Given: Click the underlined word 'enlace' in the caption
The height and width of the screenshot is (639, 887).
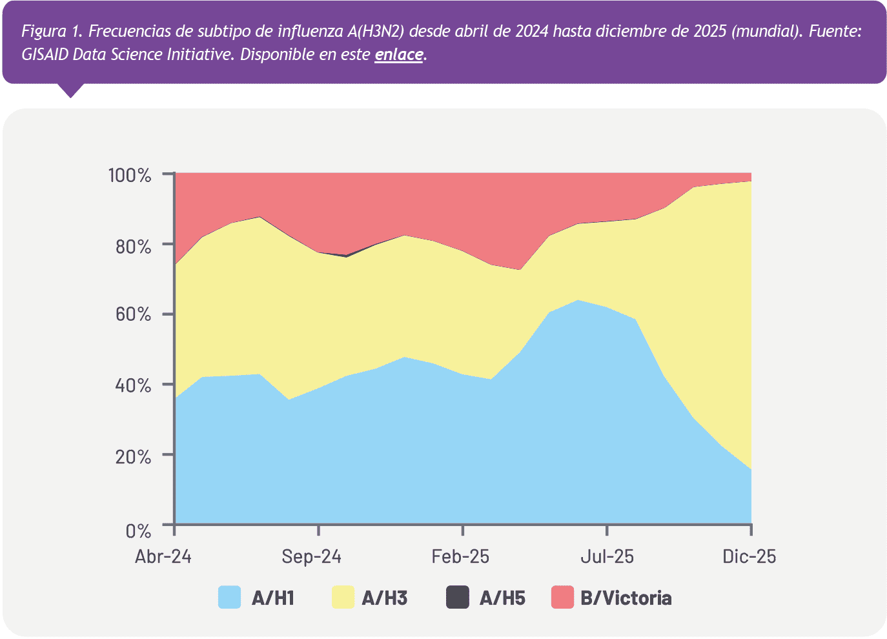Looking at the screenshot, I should (x=398, y=55).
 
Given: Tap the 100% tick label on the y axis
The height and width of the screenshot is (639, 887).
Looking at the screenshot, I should (x=129, y=175).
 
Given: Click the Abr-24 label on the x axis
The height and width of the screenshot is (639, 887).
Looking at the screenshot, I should (x=163, y=556).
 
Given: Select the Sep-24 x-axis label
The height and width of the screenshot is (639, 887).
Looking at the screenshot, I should (x=312, y=556).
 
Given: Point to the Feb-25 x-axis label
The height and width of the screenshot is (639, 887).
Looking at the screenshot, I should (x=460, y=556).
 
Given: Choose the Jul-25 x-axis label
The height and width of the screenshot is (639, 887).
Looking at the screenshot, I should (x=606, y=556).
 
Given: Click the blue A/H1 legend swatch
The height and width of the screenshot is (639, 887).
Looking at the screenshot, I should (x=229, y=598).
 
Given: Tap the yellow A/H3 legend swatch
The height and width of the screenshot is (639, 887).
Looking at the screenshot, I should (x=343, y=598).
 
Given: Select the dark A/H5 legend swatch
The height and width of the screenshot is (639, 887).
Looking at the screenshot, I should (x=457, y=598).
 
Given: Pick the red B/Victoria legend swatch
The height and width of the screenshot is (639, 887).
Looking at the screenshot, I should (x=562, y=598).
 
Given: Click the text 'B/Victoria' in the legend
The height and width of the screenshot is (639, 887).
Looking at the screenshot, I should (x=626, y=598).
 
